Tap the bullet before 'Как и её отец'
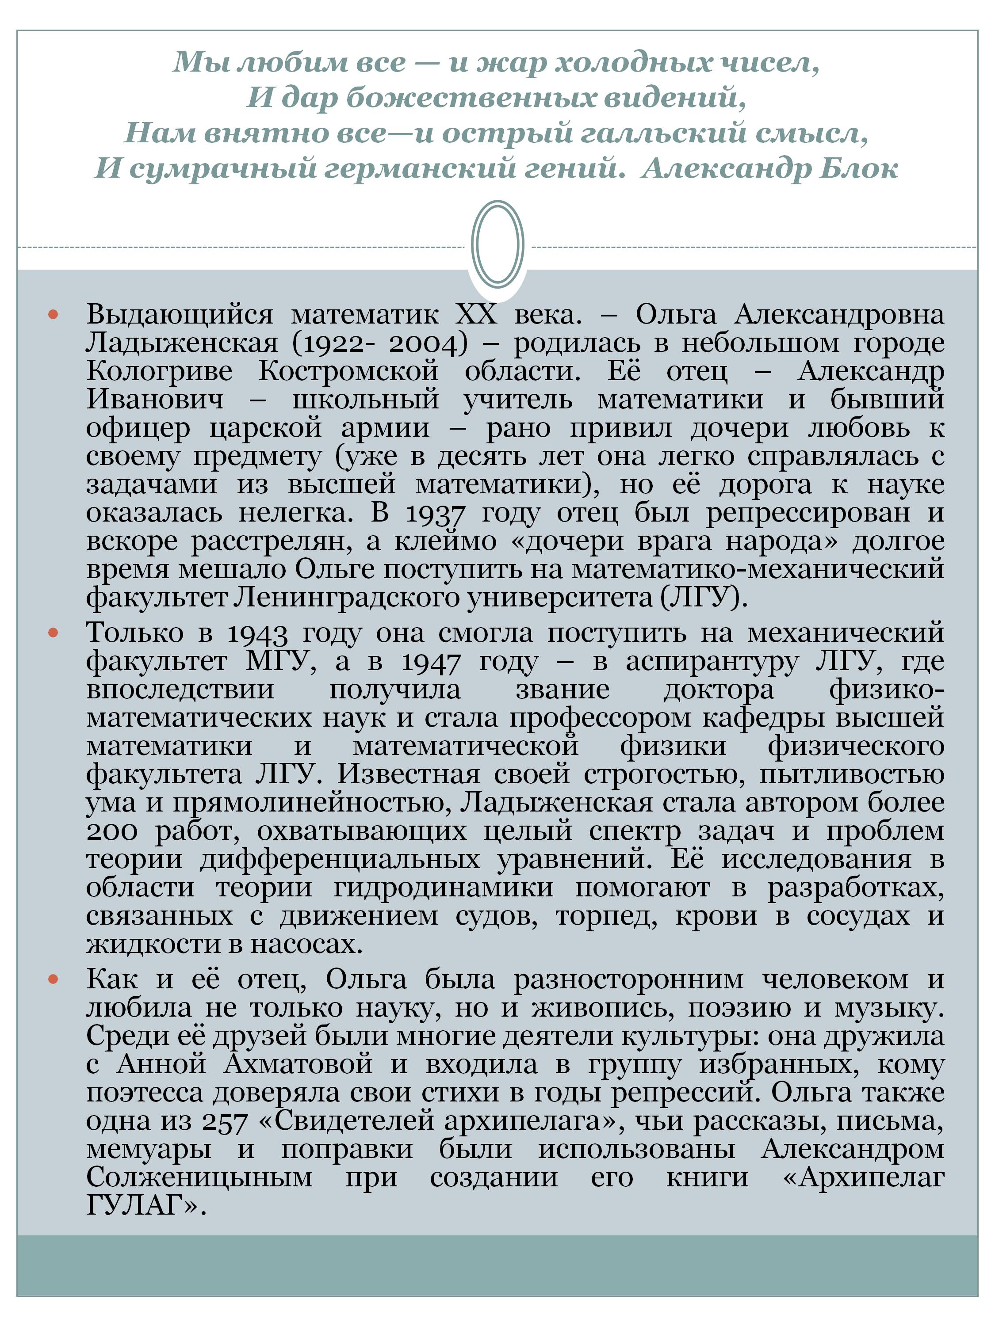coord(53,979)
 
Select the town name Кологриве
coord(159,371)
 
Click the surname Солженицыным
coord(199,1178)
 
